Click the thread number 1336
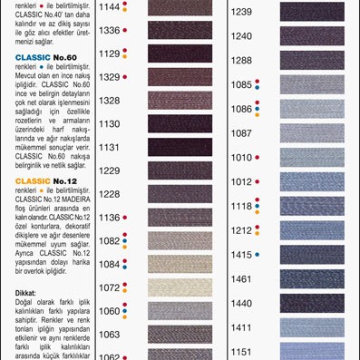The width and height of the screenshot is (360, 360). coord(109,30)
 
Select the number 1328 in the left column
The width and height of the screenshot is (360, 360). coord(109,101)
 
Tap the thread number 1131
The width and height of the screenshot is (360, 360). coord(109,147)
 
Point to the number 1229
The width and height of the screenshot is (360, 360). coord(109,170)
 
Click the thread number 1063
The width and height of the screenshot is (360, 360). coord(109,335)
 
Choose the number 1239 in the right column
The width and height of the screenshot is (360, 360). coord(240,12)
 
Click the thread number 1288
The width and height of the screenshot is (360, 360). coord(240,60)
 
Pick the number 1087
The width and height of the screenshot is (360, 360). coord(240,133)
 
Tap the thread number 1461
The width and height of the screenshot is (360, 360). coord(240,279)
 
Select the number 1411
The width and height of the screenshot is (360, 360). coord(240,327)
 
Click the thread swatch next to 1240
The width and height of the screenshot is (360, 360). coord(312,36)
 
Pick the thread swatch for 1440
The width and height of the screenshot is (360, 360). coord(312,304)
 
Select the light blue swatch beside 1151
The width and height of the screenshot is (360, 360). coord(312,351)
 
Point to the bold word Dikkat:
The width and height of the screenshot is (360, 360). coord(25,293)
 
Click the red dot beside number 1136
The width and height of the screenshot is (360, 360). coord(125,218)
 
